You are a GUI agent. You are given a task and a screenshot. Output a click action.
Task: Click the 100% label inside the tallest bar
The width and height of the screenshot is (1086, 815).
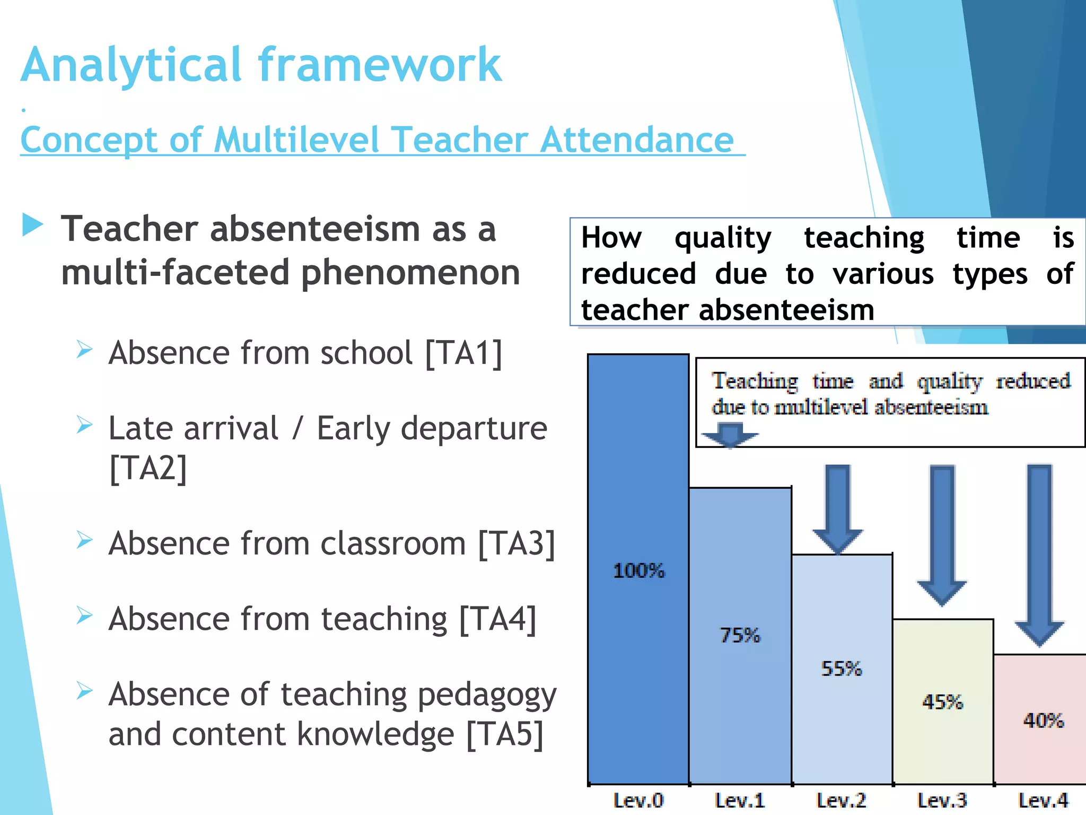point(638,571)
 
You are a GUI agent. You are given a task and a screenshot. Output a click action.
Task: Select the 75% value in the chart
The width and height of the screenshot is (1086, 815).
point(740,635)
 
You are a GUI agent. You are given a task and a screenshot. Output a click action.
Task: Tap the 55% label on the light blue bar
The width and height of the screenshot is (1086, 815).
point(841,669)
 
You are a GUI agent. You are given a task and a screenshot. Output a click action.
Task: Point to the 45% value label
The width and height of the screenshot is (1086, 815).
point(942,702)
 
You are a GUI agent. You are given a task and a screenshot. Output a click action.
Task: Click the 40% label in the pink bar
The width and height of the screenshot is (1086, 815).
point(1043,721)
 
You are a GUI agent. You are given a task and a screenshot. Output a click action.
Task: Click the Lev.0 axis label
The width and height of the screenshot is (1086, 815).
point(638,800)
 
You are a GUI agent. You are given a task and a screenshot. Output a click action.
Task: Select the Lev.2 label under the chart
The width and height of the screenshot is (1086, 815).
point(841,800)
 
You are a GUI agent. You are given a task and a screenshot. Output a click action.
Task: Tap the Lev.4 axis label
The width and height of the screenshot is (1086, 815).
point(1043,800)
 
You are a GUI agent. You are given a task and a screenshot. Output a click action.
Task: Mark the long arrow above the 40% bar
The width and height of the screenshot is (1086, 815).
point(1039,554)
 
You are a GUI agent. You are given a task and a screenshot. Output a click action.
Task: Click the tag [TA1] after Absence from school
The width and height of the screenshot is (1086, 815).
point(463,353)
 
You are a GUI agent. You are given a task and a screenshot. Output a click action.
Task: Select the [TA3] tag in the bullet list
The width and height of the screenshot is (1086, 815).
point(516,544)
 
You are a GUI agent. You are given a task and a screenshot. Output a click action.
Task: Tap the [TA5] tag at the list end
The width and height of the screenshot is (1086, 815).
point(505,734)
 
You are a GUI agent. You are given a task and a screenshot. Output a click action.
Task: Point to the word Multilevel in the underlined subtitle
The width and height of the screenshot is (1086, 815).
point(297,140)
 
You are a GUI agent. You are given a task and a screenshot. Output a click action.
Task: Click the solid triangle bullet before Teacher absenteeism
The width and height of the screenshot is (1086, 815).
point(32,226)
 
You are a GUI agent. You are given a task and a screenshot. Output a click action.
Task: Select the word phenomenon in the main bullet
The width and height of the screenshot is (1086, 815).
point(410,273)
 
